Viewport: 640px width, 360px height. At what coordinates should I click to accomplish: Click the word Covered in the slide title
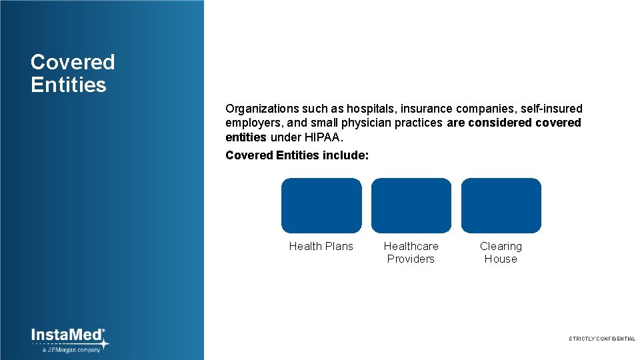[73, 62]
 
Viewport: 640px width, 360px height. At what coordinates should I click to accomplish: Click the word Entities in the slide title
[68, 85]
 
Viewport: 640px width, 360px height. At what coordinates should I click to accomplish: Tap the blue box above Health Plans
[321, 205]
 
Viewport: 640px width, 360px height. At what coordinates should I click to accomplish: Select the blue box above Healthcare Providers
[411, 205]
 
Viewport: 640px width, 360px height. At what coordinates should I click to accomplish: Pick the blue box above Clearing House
[501, 205]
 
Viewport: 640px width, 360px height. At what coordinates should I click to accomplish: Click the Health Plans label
[321, 246]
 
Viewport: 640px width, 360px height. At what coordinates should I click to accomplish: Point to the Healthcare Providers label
[411, 253]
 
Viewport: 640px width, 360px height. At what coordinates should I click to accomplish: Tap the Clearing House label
[501, 253]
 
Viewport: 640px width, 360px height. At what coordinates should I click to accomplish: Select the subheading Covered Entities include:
[297, 155]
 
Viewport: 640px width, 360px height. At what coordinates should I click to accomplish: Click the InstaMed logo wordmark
[67, 335]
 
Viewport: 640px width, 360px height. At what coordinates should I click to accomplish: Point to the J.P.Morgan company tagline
[71, 349]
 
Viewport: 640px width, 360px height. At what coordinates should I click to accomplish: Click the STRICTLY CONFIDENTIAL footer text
[601, 339]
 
